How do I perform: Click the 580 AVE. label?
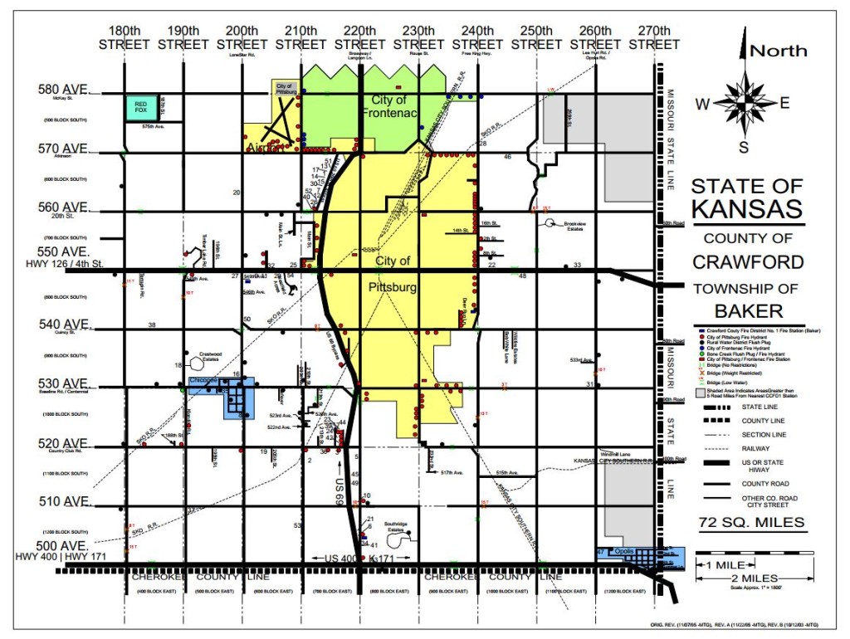[63, 90]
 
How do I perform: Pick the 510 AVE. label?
[63, 501]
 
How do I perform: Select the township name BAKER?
[747, 310]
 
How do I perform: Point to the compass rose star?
[744, 104]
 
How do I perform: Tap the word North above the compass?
[778, 51]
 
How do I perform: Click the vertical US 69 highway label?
[340, 490]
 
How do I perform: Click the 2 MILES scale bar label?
[755, 578]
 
